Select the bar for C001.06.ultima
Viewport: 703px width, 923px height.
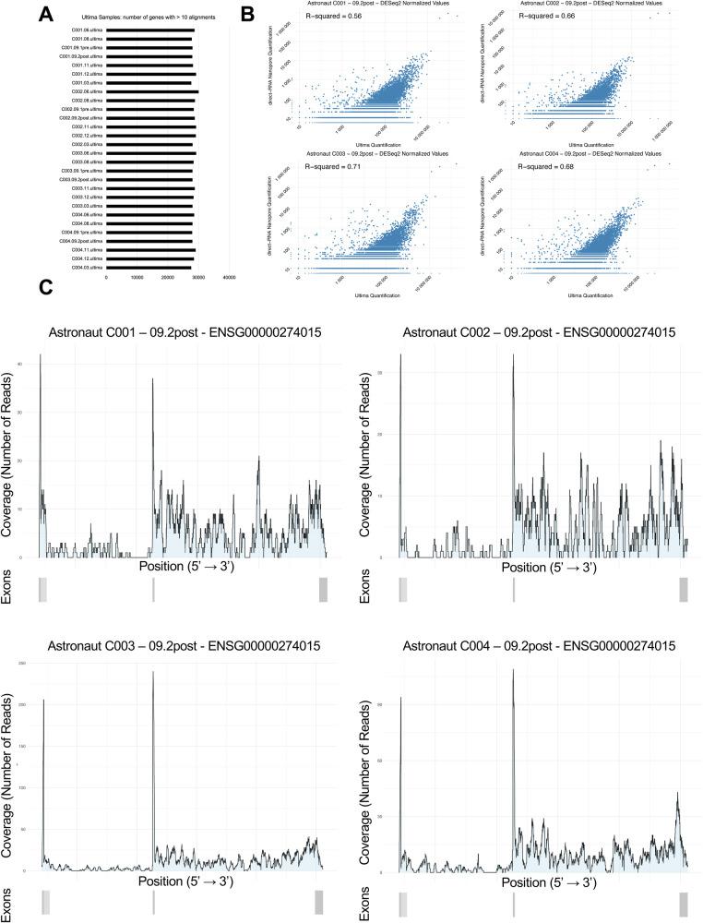pos(150,30)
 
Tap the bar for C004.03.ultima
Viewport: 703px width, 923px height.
pos(149,268)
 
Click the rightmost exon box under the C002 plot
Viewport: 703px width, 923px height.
pos(684,590)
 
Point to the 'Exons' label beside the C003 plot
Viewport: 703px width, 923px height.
pos(8,901)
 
